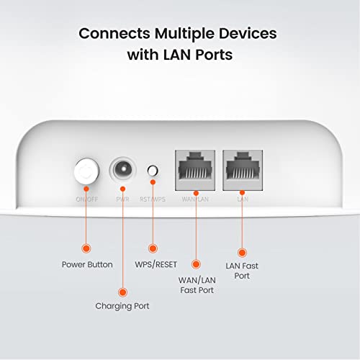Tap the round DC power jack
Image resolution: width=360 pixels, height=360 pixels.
coord(122,172)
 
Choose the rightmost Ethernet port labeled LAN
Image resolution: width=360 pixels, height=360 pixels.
coord(242,172)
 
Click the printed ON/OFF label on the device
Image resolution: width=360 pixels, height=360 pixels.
coord(86,198)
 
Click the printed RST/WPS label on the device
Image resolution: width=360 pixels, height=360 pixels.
coord(152,198)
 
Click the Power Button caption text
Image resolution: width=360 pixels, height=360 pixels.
coord(87,264)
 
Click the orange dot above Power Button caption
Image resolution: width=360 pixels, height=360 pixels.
coord(86,248)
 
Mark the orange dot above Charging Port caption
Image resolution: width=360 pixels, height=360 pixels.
coord(122,292)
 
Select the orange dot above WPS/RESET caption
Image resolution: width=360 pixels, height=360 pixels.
coord(152,248)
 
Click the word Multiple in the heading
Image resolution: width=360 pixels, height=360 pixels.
coord(184,33)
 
